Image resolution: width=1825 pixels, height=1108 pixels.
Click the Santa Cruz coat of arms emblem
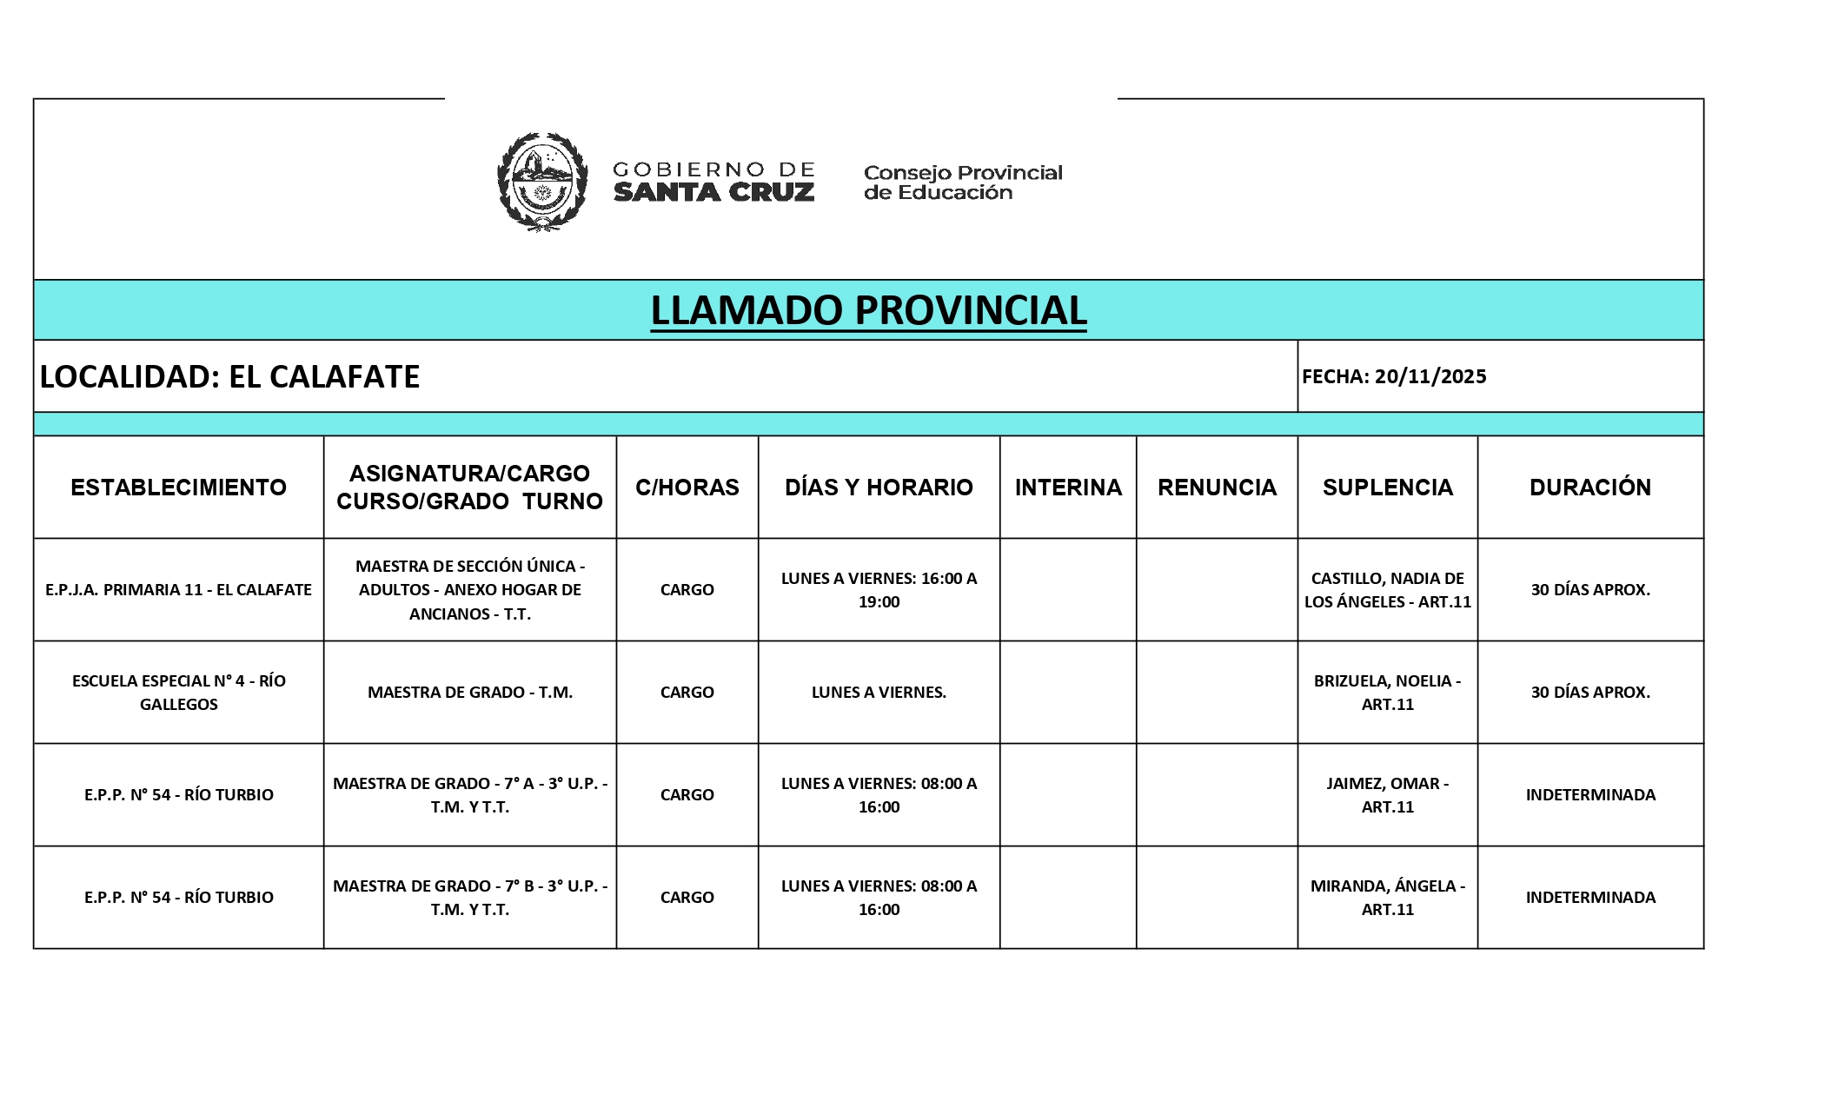tap(541, 182)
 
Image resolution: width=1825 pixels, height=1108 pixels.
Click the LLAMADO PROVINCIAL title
tap(868, 310)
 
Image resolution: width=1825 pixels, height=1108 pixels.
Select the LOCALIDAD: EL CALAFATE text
tap(229, 376)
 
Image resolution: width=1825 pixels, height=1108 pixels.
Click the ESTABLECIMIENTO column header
tap(178, 488)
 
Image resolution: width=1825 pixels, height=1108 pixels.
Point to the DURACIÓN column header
tap(1589, 488)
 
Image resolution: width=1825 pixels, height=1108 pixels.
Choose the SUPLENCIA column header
tap(1387, 488)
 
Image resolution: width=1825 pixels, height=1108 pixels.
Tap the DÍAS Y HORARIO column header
tap(879, 488)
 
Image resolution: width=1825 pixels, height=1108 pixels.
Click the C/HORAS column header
tap(687, 488)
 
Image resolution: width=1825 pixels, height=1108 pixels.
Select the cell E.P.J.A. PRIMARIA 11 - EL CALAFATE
tap(178, 590)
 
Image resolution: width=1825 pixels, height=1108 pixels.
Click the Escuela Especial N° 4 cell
tap(178, 693)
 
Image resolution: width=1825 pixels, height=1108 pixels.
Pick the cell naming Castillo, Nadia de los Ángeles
tap(1387, 590)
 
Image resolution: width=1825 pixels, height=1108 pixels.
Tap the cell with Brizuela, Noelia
tap(1387, 693)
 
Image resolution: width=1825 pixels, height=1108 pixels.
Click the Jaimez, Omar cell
tap(1387, 795)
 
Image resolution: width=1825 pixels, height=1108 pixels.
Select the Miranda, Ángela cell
tap(1387, 898)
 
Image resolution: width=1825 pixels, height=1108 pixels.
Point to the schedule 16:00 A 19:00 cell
tap(879, 590)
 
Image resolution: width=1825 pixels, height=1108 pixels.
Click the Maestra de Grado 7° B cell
tap(469, 898)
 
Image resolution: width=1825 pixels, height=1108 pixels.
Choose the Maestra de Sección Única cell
tap(469, 590)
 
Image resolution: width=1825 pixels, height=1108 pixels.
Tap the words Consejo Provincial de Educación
tap(962, 182)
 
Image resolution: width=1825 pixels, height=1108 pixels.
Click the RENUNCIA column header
tap(1217, 488)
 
